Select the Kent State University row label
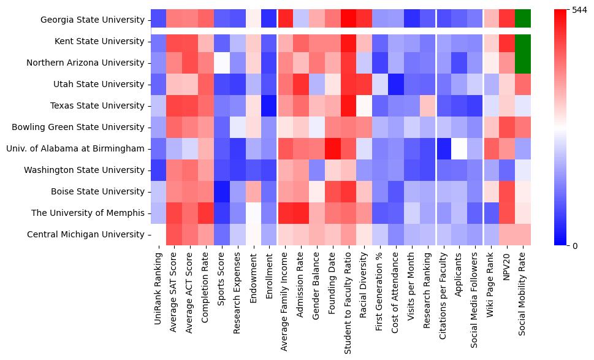(x=101, y=41)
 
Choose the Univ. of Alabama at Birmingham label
(x=76, y=148)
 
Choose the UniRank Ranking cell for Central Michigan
(x=159, y=234)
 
